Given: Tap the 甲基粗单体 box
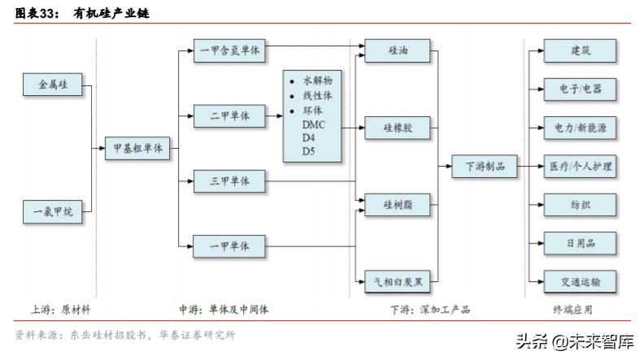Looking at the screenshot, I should [x=139, y=149].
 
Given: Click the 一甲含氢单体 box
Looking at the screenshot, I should [x=229, y=50].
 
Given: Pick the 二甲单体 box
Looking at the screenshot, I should [x=229, y=116].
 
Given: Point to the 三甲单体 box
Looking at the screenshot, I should [x=229, y=180].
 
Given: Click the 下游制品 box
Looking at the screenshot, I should [x=485, y=166].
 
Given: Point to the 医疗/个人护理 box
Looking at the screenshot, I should [x=581, y=167].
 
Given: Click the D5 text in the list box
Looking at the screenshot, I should [x=308, y=151].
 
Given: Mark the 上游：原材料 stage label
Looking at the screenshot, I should [x=61, y=310].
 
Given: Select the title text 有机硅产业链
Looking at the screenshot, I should [x=97, y=14].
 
